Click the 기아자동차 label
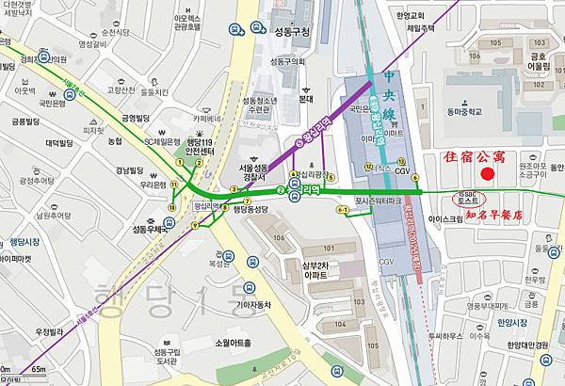coord(248,303)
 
